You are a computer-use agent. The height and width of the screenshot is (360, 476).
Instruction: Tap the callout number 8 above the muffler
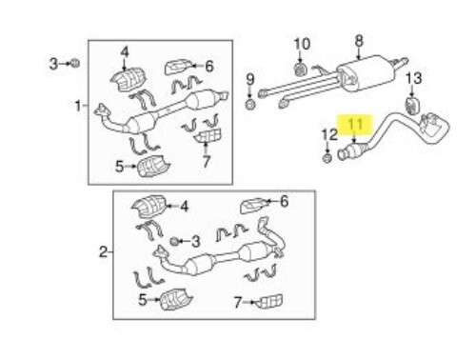coord(359,40)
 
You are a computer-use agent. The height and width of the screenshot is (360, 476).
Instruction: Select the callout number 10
coord(301,43)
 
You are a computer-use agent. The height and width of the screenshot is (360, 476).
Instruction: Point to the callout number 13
coord(414,78)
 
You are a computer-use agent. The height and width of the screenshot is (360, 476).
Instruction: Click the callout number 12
coord(328,135)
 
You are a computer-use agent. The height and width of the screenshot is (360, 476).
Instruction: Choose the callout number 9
coord(251,79)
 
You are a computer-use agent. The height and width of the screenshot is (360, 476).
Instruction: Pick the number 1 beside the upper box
coord(79,105)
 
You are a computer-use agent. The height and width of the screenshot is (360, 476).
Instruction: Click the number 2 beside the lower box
coord(104,252)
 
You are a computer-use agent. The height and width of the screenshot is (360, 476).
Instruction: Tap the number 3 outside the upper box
coord(54,63)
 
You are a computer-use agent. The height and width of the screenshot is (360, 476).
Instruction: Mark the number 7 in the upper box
coord(206,162)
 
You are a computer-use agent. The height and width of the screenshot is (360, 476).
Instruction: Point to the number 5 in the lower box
coord(144,301)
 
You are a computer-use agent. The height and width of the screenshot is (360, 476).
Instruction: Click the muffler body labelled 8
coord(367,71)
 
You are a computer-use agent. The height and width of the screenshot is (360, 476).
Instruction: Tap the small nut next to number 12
coord(327,158)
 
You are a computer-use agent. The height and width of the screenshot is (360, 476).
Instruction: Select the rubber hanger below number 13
coord(414,102)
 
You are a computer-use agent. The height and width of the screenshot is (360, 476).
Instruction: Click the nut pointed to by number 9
coord(250,104)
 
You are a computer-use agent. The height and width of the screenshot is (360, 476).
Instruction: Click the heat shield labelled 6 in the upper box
coord(179,67)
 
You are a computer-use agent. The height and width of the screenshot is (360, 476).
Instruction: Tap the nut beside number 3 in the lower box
coord(176,240)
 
